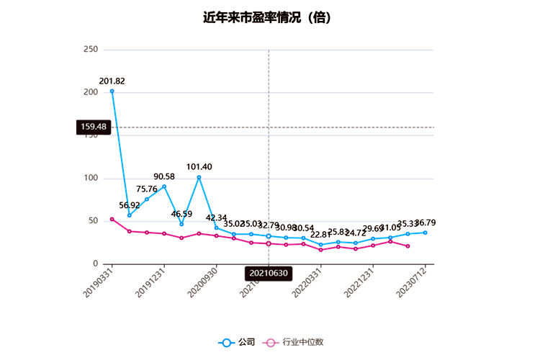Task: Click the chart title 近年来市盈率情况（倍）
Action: [269, 17]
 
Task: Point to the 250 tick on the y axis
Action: [91, 50]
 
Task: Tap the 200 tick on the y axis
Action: [91, 92]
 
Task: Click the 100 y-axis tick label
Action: [91, 178]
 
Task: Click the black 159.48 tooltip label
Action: [94, 127]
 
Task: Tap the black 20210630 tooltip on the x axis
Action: [269, 274]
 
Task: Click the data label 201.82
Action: [112, 81]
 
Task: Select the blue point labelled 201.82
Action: [112, 91]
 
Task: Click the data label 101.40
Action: [199, 167]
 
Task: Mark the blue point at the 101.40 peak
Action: [199, 177]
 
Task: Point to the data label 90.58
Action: [164, 176]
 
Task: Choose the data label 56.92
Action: [130, 205]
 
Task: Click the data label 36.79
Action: [425, 222]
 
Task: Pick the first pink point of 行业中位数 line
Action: [112, 219]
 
